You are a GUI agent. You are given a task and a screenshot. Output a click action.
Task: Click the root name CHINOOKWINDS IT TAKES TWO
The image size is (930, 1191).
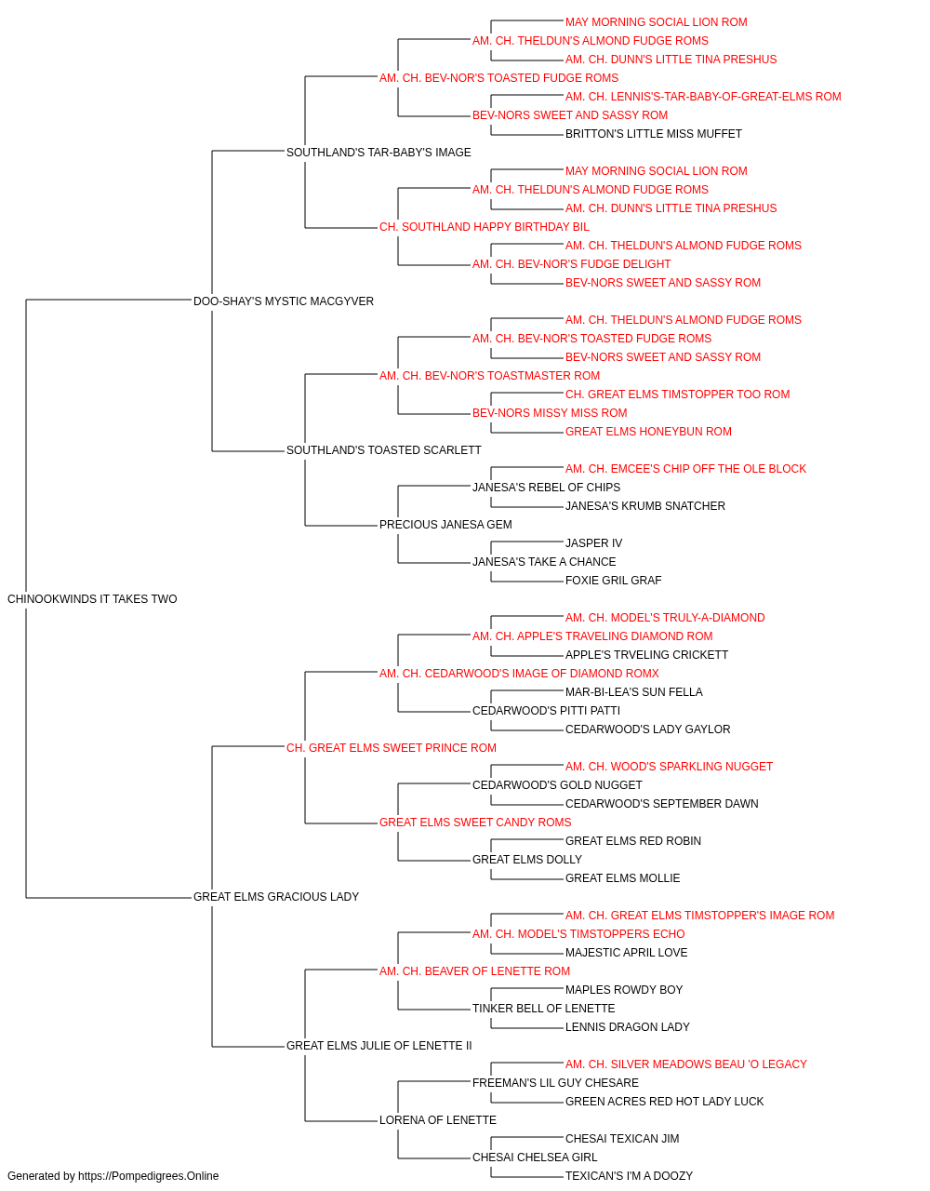click(92, 599)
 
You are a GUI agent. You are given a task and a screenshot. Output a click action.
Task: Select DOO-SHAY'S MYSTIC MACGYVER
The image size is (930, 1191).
click(283, 301)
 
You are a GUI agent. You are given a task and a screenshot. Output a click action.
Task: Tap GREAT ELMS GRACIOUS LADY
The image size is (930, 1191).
click(276, 897)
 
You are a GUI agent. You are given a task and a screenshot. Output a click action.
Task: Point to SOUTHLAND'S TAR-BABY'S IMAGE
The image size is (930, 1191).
click(379, 153)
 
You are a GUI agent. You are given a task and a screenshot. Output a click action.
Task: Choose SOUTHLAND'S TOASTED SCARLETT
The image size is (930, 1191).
click(383, 450)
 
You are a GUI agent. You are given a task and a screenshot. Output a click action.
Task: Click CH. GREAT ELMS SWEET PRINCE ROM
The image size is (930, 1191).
click(391, 748)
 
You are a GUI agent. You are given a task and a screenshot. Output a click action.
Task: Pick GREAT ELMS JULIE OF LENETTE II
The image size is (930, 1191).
click(379, 1046)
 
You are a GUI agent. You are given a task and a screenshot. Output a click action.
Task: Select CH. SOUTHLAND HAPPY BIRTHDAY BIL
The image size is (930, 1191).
click(485, 227)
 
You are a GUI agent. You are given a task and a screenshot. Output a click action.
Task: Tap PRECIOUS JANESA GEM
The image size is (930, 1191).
click(445, 525)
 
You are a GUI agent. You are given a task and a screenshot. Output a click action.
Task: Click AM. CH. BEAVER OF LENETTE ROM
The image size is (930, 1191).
click(474, 971)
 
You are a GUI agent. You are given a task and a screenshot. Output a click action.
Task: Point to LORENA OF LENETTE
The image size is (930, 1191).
click(438, 1120)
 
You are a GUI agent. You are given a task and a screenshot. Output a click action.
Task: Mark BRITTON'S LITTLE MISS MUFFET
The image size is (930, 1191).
click(654, 134)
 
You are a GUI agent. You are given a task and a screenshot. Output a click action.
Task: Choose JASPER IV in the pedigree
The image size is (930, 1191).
click(593, 543)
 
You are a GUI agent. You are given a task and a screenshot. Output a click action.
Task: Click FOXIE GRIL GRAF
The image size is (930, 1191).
click(614, 581)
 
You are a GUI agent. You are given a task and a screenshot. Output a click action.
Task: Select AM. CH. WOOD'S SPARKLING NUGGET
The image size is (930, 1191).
click(669, 767)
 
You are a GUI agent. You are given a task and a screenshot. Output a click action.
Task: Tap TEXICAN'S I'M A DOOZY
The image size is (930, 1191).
click(629, 1176)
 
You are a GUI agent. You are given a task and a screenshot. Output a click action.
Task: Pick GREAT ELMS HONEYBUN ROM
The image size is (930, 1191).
click(648, 432)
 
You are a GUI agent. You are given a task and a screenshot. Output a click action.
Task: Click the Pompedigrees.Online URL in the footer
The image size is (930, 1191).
click(148, 1176)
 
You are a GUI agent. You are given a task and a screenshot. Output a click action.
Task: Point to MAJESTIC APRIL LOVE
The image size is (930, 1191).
click(626, 953)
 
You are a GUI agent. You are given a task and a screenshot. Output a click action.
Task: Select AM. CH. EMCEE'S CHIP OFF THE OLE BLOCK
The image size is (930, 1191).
click(685, 469)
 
